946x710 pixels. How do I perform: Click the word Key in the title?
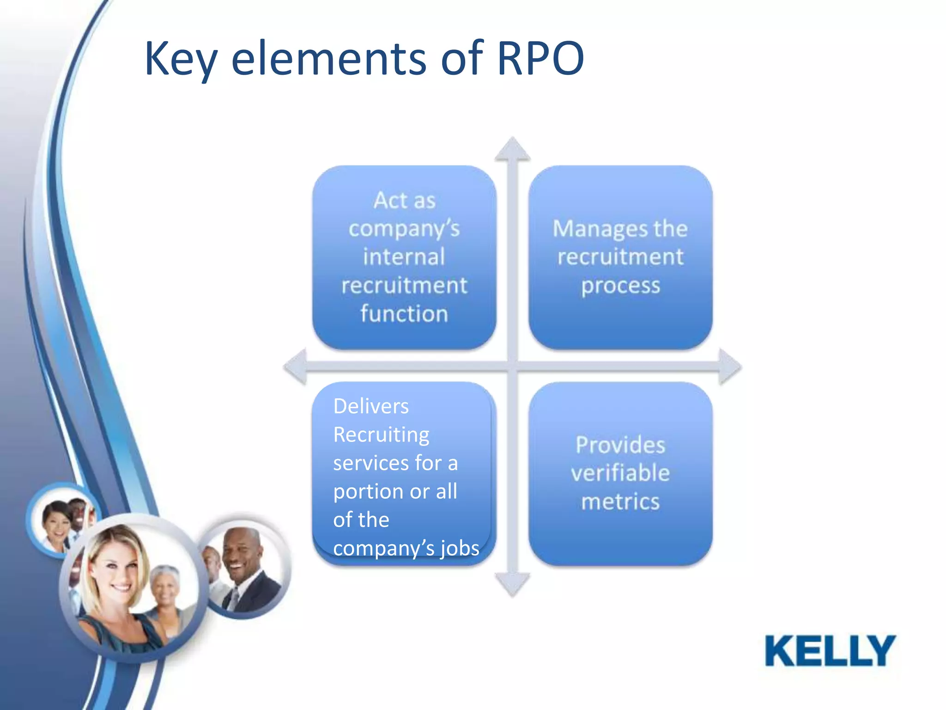[x=181, y=59]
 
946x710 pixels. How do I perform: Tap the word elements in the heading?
[x=328, y=59]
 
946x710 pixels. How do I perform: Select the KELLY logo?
[x=830, y=651]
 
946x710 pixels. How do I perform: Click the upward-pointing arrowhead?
[x=512, y=149]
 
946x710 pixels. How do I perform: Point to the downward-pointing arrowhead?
[x=512, y=584]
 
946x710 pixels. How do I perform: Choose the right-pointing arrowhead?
[x=729, y=367]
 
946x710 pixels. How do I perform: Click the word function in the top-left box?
[x=404, y=313]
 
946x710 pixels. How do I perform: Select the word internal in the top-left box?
[x=404, y=257]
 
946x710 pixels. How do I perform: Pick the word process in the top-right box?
[x=620, y=285]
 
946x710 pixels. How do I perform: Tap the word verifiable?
[x=620, y=473]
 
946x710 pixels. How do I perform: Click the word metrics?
[x=620, y=502]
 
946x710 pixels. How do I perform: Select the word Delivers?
[x=371, y=406]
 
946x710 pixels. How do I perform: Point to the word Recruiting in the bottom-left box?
[x=381, y=435]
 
